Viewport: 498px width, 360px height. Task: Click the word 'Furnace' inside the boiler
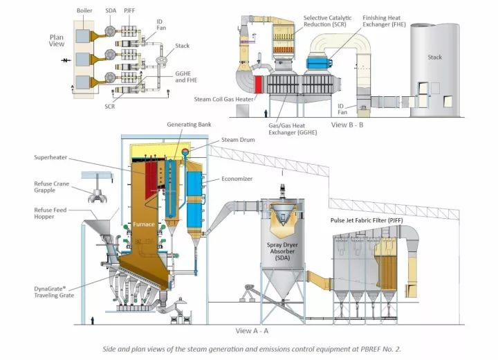pyautogui.click(x=147, y=224)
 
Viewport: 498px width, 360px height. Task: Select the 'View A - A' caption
pyautogui.click(x=252, y=330)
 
